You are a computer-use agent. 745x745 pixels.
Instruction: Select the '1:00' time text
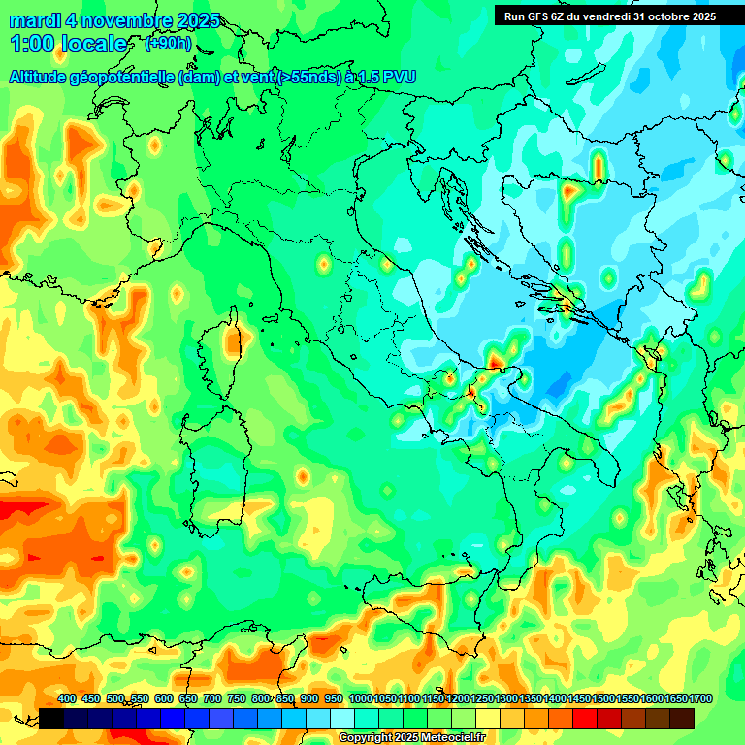(32, 44)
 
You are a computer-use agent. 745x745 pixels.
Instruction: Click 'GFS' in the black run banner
(541, 16)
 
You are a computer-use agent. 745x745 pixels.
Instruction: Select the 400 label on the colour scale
(67, 699)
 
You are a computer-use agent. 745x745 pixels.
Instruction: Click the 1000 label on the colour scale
(360, 699)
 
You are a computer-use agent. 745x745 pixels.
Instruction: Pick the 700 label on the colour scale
(212, 699)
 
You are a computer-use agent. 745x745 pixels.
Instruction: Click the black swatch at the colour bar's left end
(51, 718)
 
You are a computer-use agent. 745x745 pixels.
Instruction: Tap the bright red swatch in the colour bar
(585, 718)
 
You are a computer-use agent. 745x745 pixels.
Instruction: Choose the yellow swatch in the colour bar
(488, 718)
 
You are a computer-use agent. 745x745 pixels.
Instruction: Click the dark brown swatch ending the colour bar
(682, 718)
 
